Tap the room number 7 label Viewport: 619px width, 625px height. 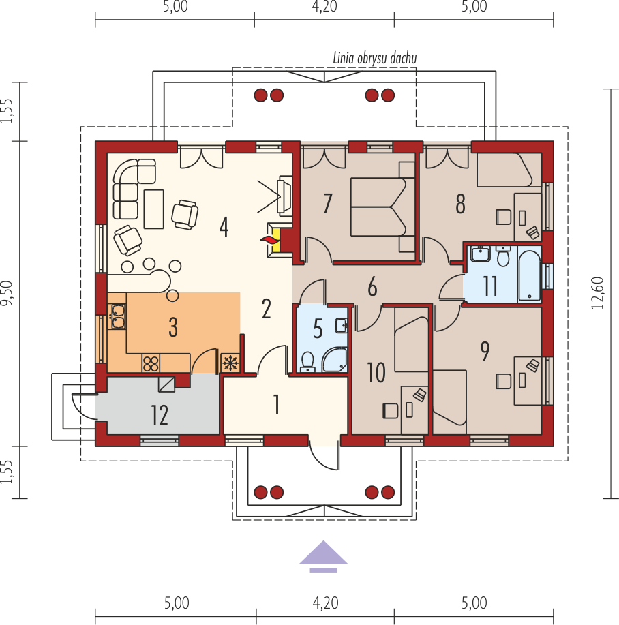[x=328, y=203]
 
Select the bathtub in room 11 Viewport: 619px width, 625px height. [x=529, y=275]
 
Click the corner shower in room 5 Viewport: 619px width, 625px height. [x=335, y=360]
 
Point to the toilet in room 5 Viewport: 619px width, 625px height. [x=307, y=361]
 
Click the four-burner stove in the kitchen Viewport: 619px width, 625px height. [x=151, y=363]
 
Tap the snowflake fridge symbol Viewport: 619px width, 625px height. [x=230, y=363]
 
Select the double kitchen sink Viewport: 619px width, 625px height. [x=118, y=316]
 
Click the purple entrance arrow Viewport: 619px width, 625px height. [x=324, y=556]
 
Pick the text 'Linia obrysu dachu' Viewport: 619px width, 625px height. [x=375, y=58]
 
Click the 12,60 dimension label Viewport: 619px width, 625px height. [x=597, y=293]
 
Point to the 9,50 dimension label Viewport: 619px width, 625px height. [x=7, y=293]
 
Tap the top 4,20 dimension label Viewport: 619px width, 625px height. [x=324, y=6]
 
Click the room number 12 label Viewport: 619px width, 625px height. [x=160, y=415]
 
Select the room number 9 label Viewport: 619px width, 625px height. [x=485, y=351]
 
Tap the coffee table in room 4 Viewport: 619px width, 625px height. [x=154, y=209]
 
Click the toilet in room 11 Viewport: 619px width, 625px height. [x=503, y=256]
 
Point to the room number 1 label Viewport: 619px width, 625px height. [x=276, y=404]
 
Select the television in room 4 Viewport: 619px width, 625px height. [x=284, y=195]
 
